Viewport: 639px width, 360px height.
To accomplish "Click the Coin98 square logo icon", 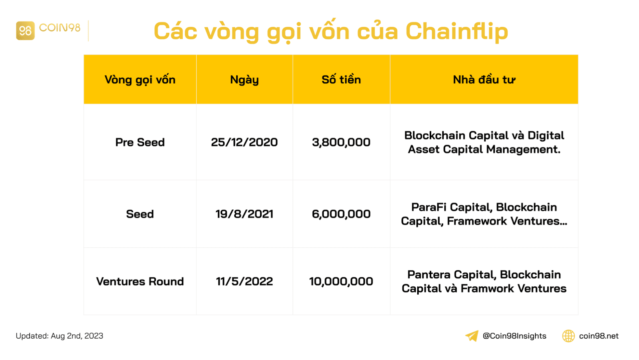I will point(25,31).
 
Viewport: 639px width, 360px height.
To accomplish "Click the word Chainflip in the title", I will point(457,31).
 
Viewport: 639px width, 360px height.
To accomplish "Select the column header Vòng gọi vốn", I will point(140,80).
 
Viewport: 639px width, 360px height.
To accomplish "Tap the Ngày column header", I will point(244,80).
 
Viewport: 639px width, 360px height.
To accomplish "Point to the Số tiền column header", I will point(341,80).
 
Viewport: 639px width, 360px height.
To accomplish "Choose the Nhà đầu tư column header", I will point(484,80).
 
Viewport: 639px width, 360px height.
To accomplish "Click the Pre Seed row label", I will point(140,142).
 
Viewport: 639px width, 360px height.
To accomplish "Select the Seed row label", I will point(140,214).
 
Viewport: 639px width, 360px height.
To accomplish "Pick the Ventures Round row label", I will point(140,281).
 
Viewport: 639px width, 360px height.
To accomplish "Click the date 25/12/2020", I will point(244,142).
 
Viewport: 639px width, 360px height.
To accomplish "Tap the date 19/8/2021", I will point(244,214).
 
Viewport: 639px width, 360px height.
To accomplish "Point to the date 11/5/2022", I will point(244,281).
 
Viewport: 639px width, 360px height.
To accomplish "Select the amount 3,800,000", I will point(341,142).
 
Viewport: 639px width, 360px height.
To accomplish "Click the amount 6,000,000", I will point(341,214).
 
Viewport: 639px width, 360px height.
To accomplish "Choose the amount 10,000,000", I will point(341,281).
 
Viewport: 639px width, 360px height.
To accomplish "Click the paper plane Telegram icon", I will point(472,336).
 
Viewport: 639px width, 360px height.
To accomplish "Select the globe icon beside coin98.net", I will point(568,336).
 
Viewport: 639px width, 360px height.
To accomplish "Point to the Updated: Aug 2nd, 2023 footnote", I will point(60,336).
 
